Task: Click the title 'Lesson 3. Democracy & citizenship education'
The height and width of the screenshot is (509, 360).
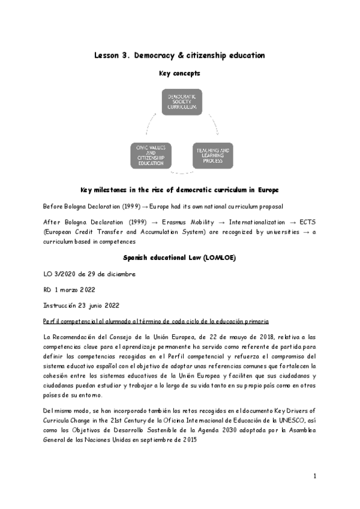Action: (179, 55)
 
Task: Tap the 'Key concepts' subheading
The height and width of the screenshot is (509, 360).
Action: (179, 74)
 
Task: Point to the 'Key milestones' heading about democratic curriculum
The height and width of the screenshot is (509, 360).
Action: (179, 189)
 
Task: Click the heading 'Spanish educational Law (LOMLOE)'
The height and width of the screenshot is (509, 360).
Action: (179, 257)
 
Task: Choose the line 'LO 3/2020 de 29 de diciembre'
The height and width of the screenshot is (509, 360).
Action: (89, 274)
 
